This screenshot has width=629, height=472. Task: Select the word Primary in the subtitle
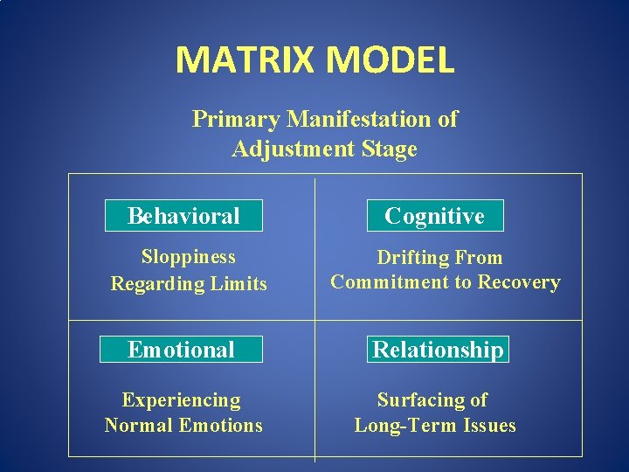(x=236, y=119)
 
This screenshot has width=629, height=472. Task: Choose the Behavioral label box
(x=183, y=216)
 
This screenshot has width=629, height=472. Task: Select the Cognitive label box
(x=434, y=216)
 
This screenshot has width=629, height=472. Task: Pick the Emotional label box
(x=182, y=350)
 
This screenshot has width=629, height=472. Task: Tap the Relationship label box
(x=438, y=350)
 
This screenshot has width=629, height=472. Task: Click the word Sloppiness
(x=189, y=257)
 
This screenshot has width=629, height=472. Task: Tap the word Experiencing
(x=182, y=400)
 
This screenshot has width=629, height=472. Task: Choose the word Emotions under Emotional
(x=219, y=426)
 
